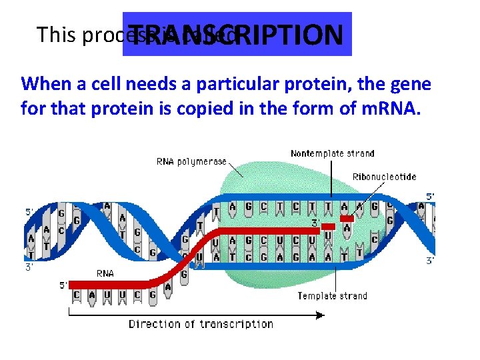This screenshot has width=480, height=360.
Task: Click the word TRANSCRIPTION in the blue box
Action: tap(239, 35)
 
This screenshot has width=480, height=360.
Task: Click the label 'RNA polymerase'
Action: tap(191, 161)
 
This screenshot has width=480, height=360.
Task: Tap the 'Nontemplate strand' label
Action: tap(332, 153)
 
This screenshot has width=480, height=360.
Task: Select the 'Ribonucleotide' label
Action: tap(384, 177)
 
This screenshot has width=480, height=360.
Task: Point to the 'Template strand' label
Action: tap(332, 295)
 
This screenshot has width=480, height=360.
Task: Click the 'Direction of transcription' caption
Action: tap(201, 324)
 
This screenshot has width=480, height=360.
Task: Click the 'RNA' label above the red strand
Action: tap(105, 273)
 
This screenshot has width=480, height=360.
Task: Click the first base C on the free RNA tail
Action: tap(77, 295)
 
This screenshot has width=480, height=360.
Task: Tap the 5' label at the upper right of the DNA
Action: tap(431, 197)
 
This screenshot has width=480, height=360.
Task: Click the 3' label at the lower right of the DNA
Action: tap(431, 261)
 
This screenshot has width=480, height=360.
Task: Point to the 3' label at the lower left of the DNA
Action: tap(29, 268)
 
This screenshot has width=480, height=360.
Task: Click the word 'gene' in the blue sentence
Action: tap(415, 85)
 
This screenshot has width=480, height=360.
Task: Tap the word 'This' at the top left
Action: tap(56, 35)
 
